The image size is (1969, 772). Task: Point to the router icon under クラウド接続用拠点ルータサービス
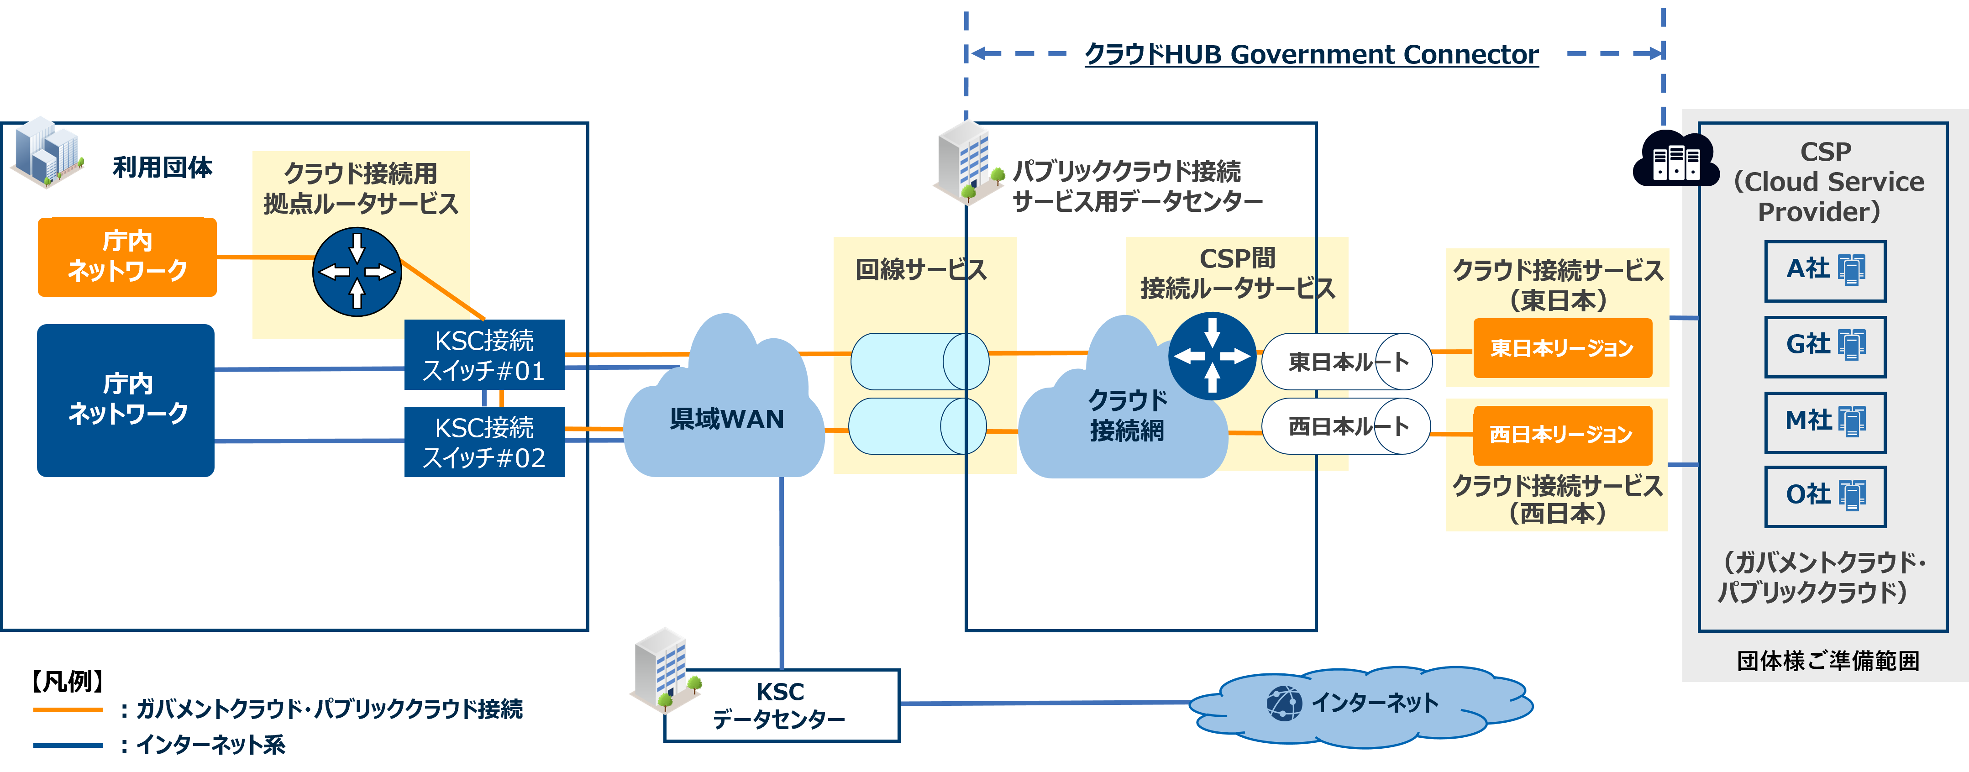tap(357, 272)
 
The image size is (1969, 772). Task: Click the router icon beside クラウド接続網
tap(1212, 356)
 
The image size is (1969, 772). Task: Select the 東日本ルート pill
tap(1347, 362)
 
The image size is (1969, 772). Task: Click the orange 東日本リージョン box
tap(1562, 348)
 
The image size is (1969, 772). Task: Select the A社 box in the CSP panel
tap(1825, 271)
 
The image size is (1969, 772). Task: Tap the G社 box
tap(1825, 346)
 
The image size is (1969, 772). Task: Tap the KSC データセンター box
tap(781, 705)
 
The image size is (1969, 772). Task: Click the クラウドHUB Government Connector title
tap(1311, 54)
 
